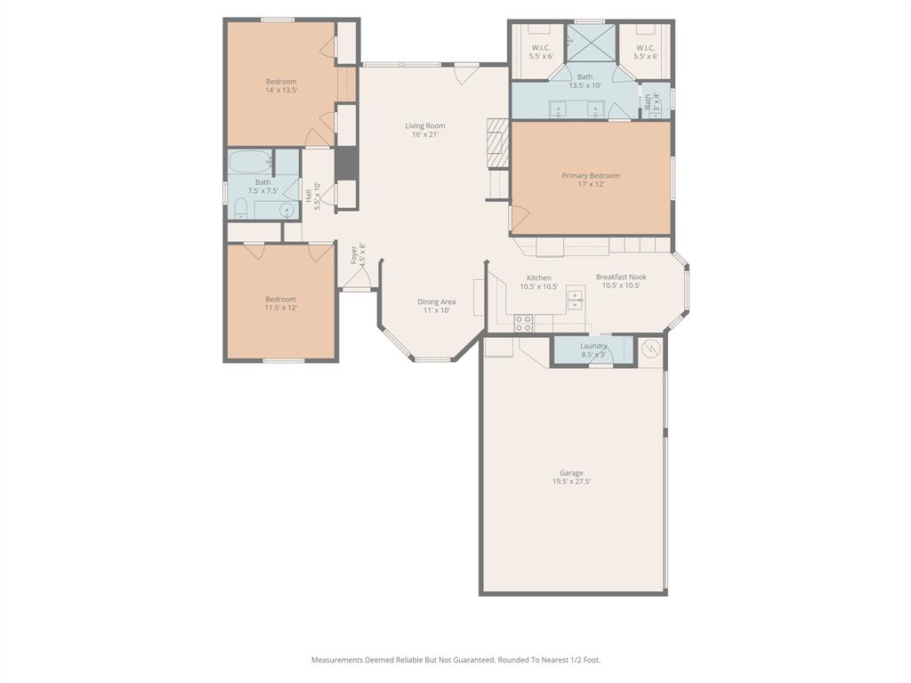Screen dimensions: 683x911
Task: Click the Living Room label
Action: (424, 126)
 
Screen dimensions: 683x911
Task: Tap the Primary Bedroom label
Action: (591, 176)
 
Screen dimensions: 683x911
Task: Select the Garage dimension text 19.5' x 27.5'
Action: (571, 482)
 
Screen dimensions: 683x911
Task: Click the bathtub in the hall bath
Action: (250, 163)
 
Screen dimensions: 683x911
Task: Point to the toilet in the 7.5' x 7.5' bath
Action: (240, 209)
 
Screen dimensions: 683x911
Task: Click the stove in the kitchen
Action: (523, 323)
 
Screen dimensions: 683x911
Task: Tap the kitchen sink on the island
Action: (576, 302)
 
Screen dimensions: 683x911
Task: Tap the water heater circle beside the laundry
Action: (652, 350)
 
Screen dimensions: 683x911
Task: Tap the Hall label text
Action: (309, 196)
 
